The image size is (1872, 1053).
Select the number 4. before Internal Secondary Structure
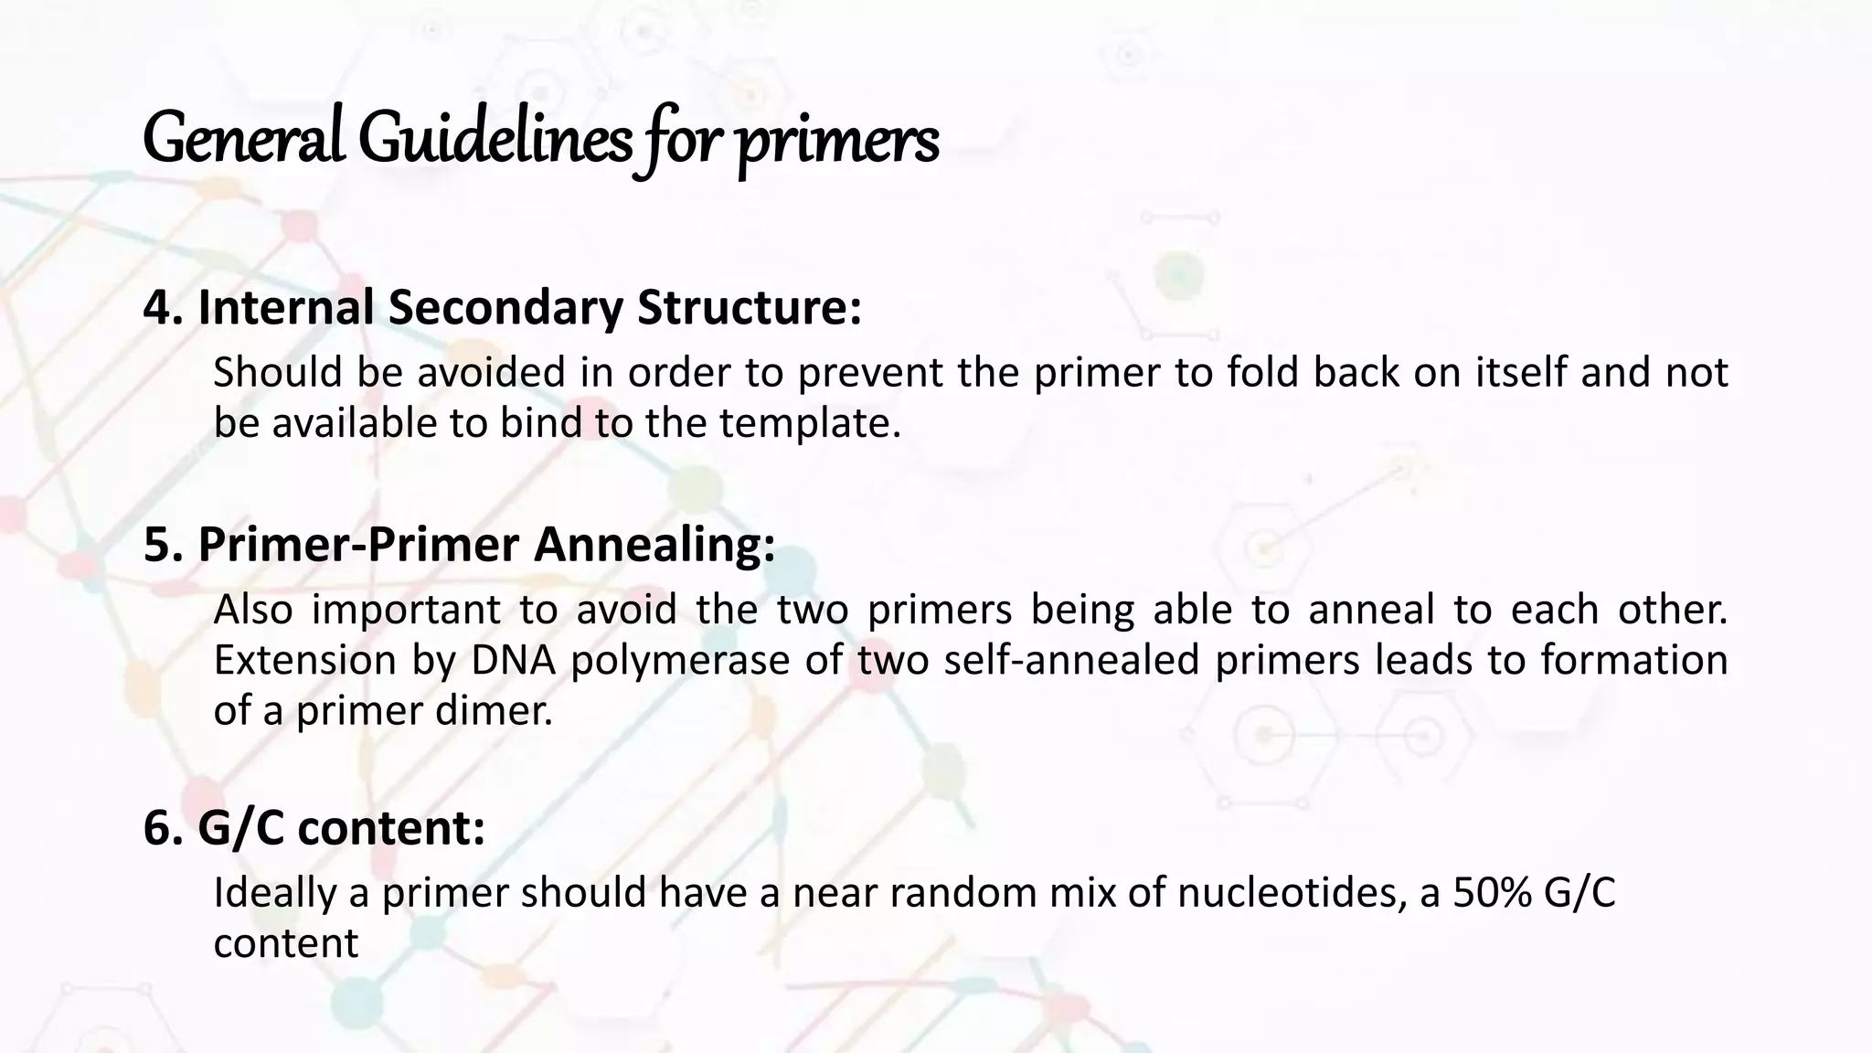[x=166, y=307]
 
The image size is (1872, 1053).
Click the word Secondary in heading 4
[x=505, y=307]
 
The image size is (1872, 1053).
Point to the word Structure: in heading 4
[x=749, y=307]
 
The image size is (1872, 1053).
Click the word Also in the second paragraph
[x=253, y=609]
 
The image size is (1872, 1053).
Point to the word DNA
[x=513, y=660]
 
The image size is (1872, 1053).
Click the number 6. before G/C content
[x=166, y=828]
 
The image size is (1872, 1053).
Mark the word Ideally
[x=274, y=893]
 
